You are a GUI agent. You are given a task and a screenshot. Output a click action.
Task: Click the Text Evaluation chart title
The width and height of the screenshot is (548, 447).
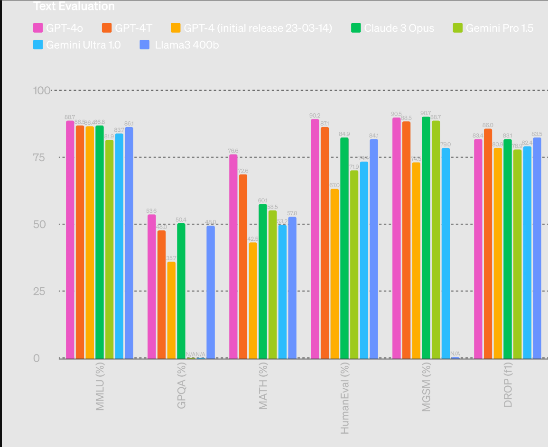click(x=74, y=6)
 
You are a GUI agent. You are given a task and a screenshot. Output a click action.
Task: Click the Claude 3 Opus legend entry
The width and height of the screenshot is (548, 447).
click(x=392, y=28)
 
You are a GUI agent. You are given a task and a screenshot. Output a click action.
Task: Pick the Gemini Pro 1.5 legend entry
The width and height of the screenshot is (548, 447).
click(x=493, y=28)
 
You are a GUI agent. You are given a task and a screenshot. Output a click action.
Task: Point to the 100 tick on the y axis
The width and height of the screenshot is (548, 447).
click(x=41, y=90)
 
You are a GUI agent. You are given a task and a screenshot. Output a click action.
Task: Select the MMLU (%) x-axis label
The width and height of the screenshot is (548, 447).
click(x=100, y=386)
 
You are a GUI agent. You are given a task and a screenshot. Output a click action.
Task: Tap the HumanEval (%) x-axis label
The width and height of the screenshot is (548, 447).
click(x=345, y=398)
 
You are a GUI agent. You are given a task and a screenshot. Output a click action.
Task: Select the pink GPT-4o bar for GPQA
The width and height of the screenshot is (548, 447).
click(x=151, y=286)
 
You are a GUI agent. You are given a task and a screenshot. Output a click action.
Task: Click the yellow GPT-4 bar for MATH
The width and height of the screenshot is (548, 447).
click(x=253, y=300)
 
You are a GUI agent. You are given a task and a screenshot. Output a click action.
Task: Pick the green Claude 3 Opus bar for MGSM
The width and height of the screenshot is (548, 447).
click(x=426, y=237)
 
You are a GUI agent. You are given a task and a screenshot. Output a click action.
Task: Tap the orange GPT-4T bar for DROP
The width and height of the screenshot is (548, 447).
click(x=488, y=243)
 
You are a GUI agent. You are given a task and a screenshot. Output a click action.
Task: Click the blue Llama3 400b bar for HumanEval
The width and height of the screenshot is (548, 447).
click(x=373, y=248)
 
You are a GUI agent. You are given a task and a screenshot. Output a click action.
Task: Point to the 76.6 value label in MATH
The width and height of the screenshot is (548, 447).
click(x=233, y=151)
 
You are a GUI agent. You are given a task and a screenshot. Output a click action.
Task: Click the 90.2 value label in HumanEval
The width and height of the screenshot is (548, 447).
click(x=315, y=115)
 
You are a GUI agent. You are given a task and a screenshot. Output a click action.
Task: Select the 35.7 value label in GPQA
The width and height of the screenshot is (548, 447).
click(x=171, y=258)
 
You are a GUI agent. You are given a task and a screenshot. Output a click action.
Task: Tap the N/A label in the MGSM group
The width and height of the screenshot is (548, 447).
click(x=455, y=353)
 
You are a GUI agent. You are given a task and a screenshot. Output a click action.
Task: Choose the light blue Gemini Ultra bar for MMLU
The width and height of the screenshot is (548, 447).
click(x=119, y=246)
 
